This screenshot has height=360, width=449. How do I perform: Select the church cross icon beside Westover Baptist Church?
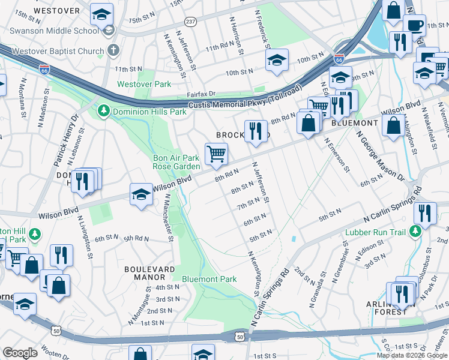112,50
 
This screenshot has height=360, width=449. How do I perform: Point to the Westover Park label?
144,85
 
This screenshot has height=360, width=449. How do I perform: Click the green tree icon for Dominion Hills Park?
103,111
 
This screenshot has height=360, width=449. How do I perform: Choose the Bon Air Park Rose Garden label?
176,162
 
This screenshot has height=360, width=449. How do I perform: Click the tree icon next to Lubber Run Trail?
415,231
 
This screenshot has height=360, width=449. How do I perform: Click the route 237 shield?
190,22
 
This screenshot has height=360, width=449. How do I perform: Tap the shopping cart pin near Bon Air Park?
216,154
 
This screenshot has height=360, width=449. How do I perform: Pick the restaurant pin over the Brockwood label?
256,130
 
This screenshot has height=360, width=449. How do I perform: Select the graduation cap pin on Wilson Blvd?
141,194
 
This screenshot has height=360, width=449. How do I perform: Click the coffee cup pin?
415,26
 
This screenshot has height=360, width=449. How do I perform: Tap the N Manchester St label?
169,217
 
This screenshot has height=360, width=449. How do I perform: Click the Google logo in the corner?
20,353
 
